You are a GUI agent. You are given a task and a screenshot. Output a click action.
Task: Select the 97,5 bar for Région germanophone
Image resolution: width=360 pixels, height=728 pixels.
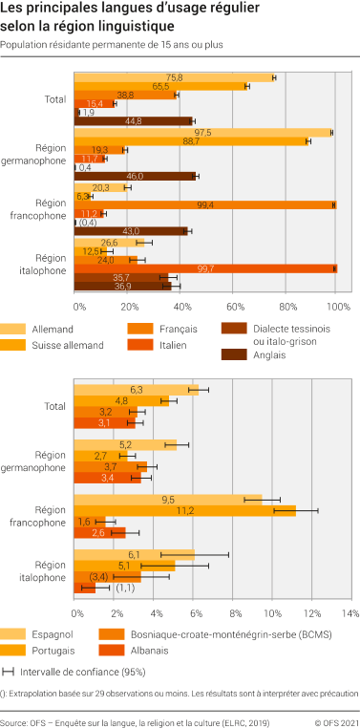click(x=202, y=132)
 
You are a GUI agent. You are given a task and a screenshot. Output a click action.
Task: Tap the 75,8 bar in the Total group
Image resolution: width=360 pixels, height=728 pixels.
click(x=175, y=77)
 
